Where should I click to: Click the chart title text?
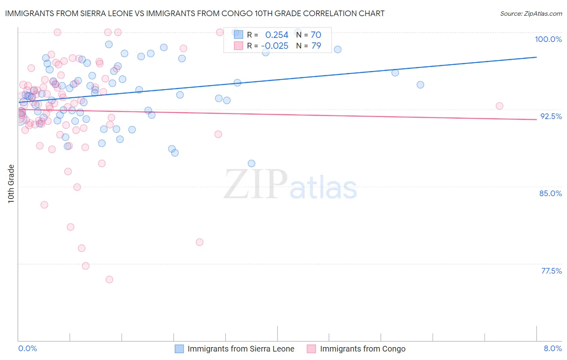point(195,13)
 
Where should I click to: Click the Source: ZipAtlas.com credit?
point(531,13)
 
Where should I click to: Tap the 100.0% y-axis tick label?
point(548,39)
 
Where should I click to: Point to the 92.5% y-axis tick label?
point(551,116)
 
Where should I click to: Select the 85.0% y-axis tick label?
point(550,193)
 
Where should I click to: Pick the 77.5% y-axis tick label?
point(551,271)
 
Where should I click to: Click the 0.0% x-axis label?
point(27,348)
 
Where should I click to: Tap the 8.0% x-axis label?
point(552,348)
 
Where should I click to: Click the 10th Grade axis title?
point(11,184)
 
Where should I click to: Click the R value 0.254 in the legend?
point(277,35)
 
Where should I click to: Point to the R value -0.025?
point(275,46)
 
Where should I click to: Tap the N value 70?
point(316,35)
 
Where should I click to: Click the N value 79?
point(316,46)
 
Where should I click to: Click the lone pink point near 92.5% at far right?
point(499,106)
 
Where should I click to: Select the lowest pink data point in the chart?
point(109,279)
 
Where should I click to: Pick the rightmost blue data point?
point(420,85)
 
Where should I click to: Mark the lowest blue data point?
point(252,163)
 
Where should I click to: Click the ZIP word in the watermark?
point(255,184)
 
